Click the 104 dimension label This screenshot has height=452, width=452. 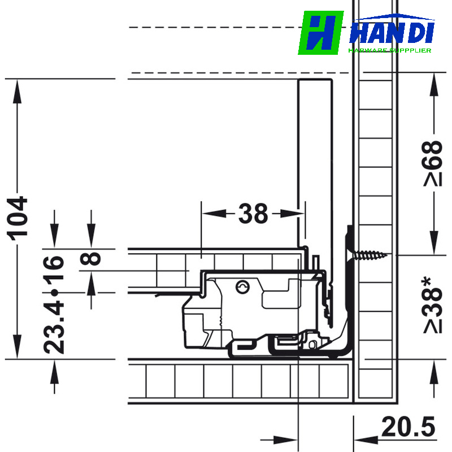(x=18, y=218)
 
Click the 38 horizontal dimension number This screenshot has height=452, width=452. (x=253, y=214)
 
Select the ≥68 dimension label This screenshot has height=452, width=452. (x=432, y=163)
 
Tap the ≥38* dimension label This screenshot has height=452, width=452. (x=432, y=305)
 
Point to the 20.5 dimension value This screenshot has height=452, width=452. (x=408, y=427)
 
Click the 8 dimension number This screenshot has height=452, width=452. (x=90, y=259)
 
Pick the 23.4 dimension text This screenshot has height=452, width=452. (x=54, y=328)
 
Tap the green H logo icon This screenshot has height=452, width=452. (x=321, y=33)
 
